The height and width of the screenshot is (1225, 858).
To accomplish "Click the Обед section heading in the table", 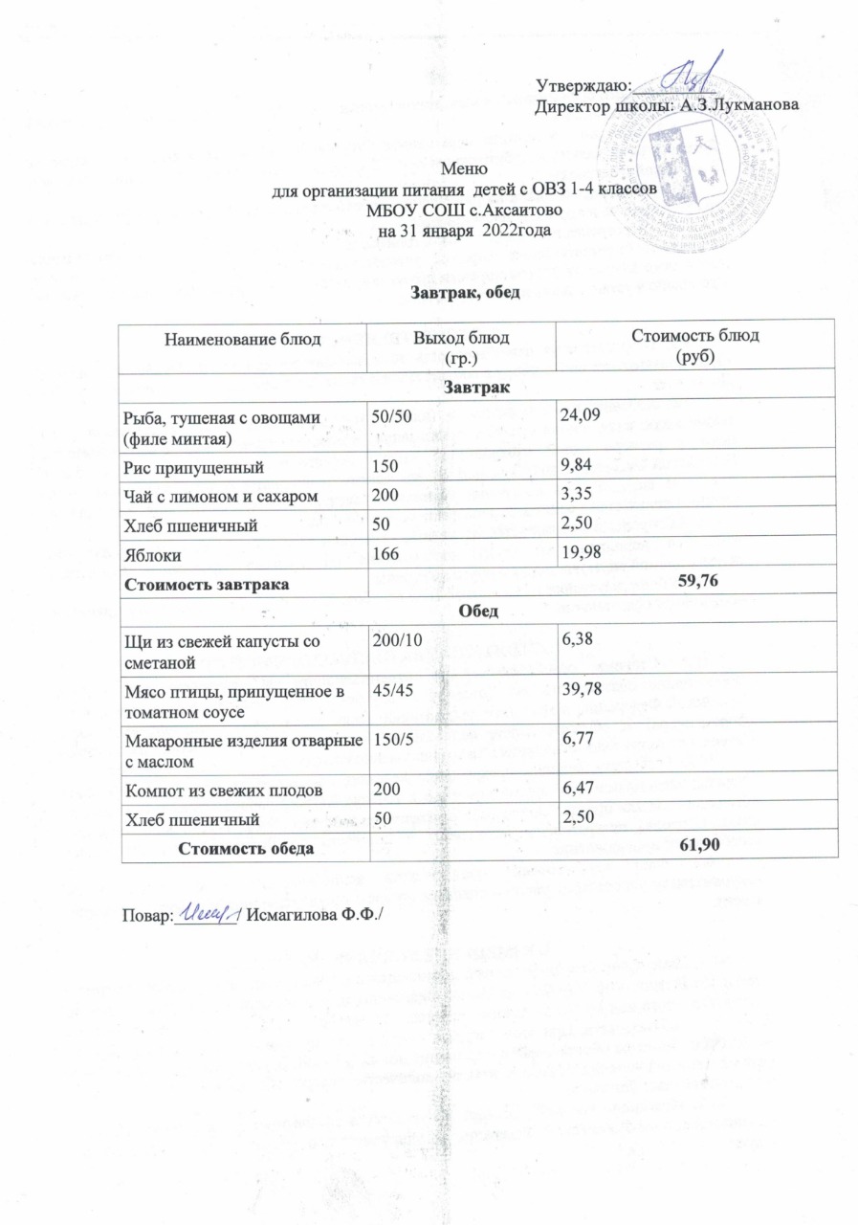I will (473, 609).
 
